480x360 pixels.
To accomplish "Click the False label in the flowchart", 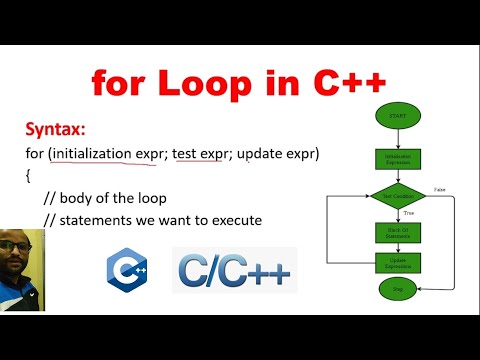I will (x=440, y=188).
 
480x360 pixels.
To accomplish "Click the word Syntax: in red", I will (x=58, y=131).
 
